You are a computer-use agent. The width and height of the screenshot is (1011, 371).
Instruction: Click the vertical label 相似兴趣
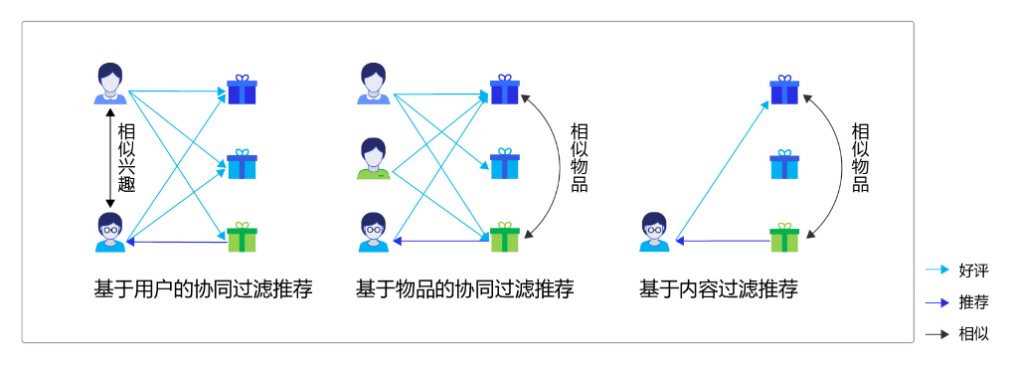(126, 157)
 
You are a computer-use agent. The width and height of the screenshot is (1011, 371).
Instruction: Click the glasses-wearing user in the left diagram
(109, 233)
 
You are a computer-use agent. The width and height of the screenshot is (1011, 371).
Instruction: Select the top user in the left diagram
(109, 84)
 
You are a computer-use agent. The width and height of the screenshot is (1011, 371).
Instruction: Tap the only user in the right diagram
(654, 233)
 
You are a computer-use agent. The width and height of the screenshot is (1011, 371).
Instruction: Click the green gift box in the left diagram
(242, 237)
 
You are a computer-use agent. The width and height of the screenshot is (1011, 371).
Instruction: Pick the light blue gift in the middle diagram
(505, 163)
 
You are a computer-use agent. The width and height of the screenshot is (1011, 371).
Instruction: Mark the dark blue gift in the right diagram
(784, 90)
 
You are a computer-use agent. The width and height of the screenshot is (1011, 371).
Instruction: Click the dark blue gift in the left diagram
(242, 90)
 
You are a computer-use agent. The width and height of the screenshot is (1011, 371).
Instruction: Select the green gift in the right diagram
(784, 237)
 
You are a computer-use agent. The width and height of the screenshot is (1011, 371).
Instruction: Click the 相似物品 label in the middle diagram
(579, 157)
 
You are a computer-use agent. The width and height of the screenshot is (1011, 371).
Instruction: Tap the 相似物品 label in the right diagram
(860, 157)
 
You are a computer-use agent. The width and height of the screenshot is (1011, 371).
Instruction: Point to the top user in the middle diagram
(373, 84)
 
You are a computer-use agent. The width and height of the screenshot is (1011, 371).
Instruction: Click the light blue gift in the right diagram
(784, 164)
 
